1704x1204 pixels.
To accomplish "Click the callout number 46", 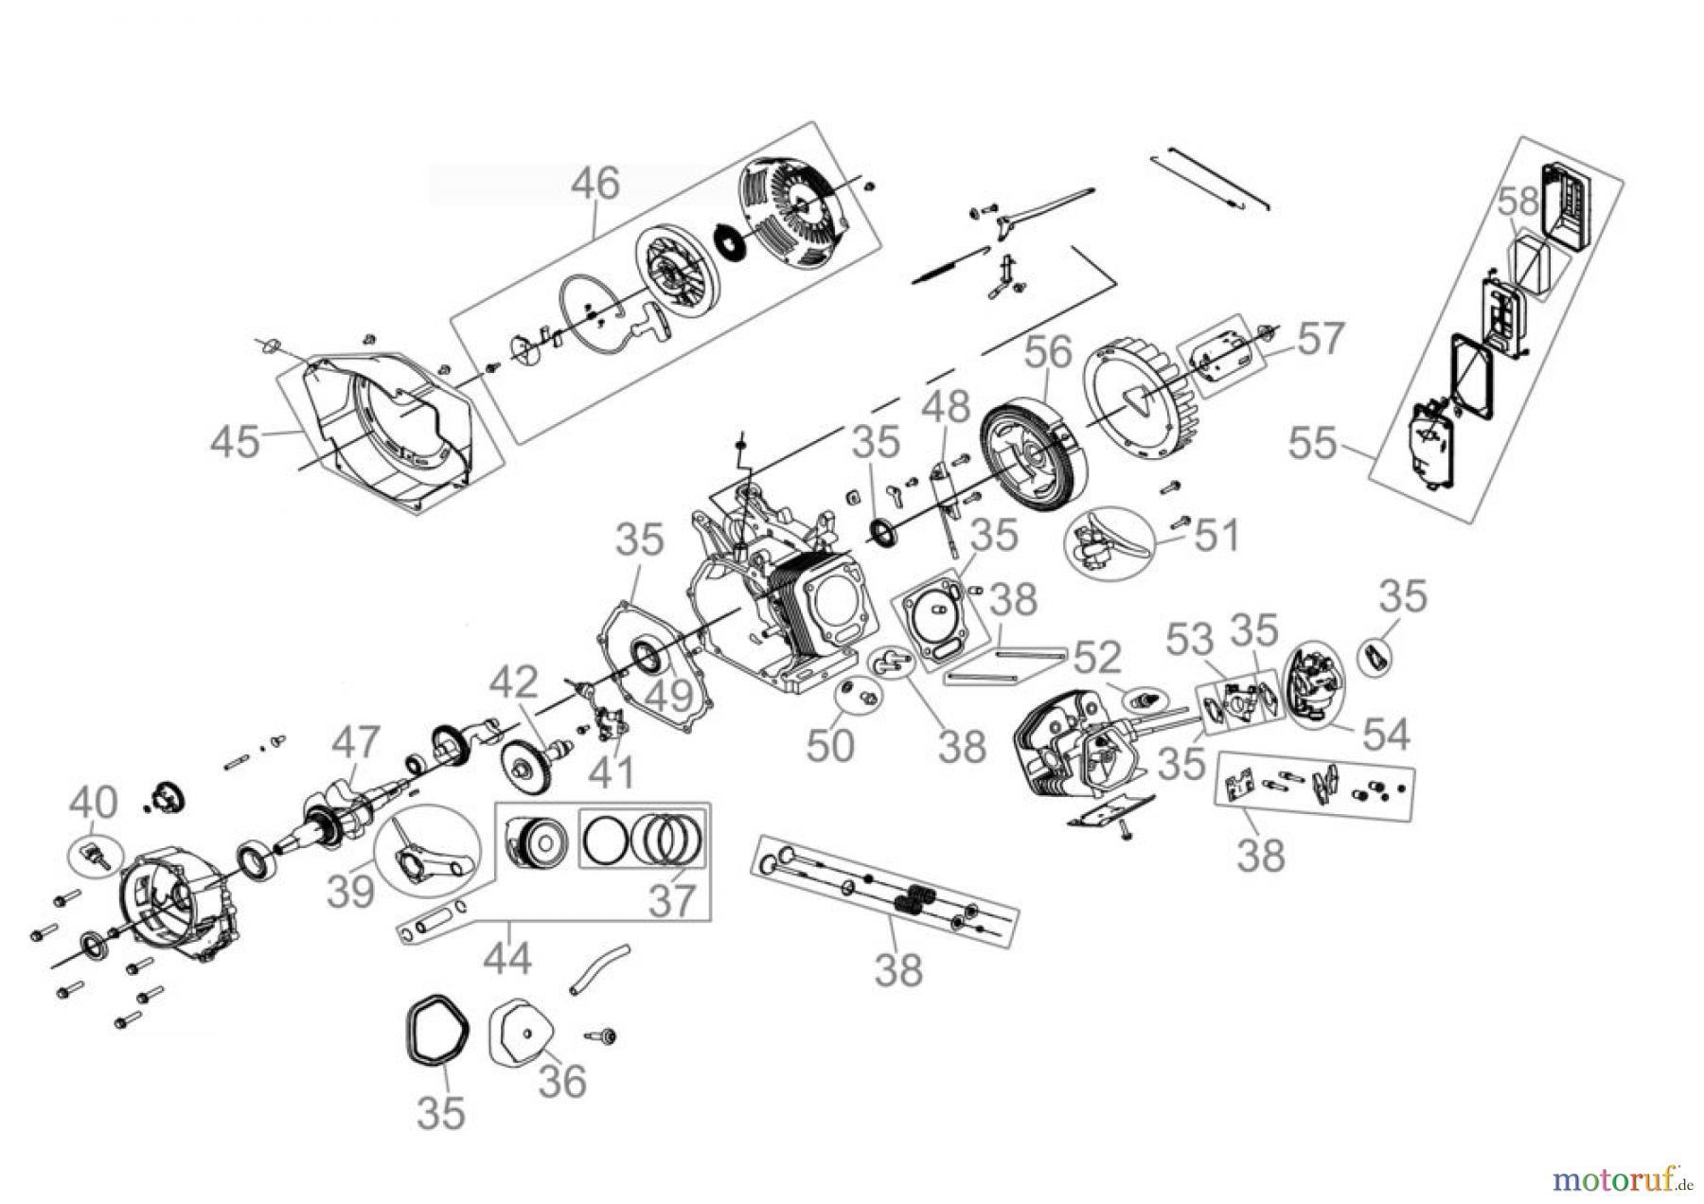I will click(595, 183).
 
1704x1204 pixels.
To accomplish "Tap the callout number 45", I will click(235, 441).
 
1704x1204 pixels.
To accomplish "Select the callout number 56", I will click(1048, 352).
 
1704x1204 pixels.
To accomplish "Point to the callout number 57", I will click(1320, 339).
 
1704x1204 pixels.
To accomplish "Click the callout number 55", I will click(1312, 443).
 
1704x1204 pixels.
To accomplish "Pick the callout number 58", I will click(1518, 201).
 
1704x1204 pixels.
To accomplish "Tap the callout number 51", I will click(1216, 536).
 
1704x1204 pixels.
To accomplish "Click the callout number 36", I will click(562, 1080).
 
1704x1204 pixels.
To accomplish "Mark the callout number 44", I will click(507, 960).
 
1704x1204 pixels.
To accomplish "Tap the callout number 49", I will click(669, 698).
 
